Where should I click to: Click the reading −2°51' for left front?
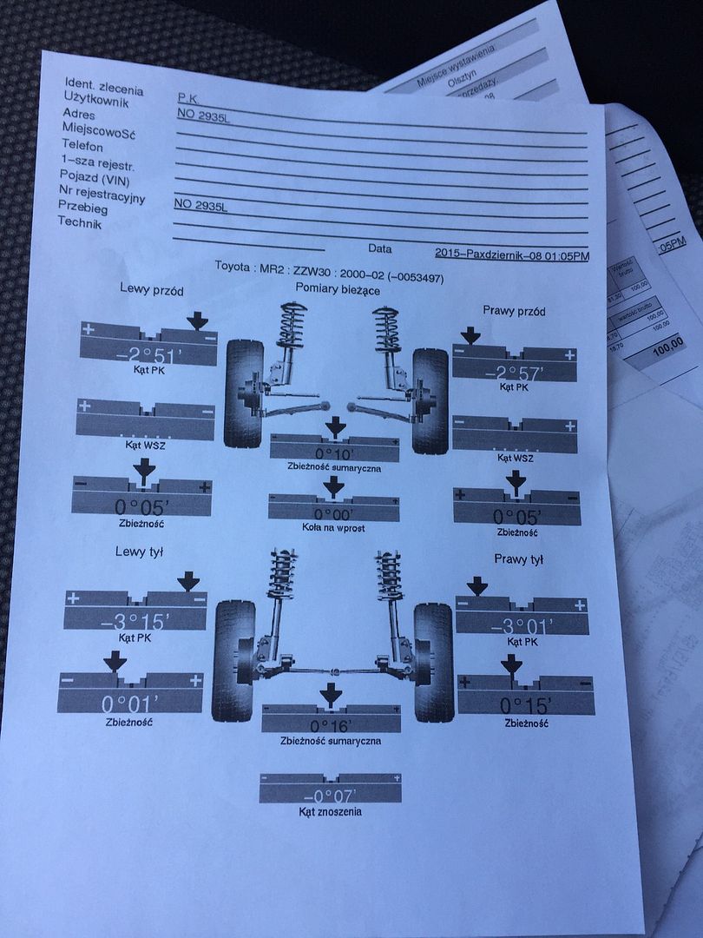147,354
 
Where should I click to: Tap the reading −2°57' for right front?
515,373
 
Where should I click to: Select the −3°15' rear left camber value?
136,623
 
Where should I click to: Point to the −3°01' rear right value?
522,625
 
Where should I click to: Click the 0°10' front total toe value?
333,452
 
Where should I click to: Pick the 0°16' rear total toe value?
331,724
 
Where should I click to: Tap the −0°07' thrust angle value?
330,795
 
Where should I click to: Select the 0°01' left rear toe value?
131,702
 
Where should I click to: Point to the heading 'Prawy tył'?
518,560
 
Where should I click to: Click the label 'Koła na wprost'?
332,530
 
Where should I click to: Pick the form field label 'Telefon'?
82,147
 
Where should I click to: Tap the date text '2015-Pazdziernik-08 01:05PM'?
511,255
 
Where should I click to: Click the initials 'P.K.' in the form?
187,100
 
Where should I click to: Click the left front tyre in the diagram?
244,393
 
